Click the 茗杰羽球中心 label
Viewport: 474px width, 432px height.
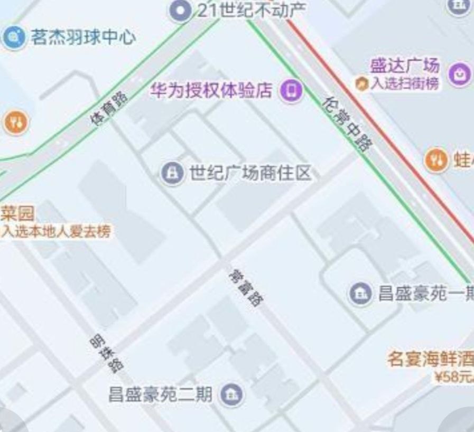coord(83,37)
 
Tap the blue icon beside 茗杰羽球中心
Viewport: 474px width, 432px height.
coord(14,37)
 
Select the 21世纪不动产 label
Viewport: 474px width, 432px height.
coord(251,10)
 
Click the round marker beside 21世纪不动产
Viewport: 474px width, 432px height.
coord(181,10)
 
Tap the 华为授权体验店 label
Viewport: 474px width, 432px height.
coord(211,90)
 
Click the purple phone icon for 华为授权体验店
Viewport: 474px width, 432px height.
coord(291,90)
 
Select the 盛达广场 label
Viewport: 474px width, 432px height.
coord(404,66)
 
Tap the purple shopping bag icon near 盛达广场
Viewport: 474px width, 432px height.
coord(459,74)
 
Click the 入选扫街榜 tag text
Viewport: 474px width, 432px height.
coord(404,83)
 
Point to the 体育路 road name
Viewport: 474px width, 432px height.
coord(109,109)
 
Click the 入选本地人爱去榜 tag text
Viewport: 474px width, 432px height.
coord(55,231)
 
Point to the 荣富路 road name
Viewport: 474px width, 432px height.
coord(246,288)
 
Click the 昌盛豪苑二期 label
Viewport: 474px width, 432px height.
coord(160,394)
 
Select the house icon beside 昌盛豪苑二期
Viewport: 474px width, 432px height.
coord(232,394)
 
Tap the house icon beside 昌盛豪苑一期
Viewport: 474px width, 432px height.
coord(361,293)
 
